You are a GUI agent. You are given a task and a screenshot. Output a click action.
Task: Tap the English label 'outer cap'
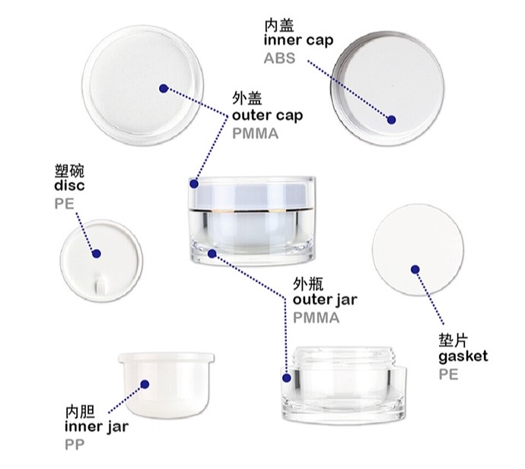point(267,116)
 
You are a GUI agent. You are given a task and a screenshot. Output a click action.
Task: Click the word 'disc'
point(69,186)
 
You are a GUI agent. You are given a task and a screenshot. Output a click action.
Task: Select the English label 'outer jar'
point(325,300)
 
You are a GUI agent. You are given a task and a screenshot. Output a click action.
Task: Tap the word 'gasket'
point(463,356)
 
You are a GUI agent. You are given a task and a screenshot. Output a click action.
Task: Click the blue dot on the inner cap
point(392,120)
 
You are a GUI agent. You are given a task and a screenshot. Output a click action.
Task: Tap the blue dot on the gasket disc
point(415,268)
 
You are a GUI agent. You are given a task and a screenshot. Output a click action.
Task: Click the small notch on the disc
point(100,287)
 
